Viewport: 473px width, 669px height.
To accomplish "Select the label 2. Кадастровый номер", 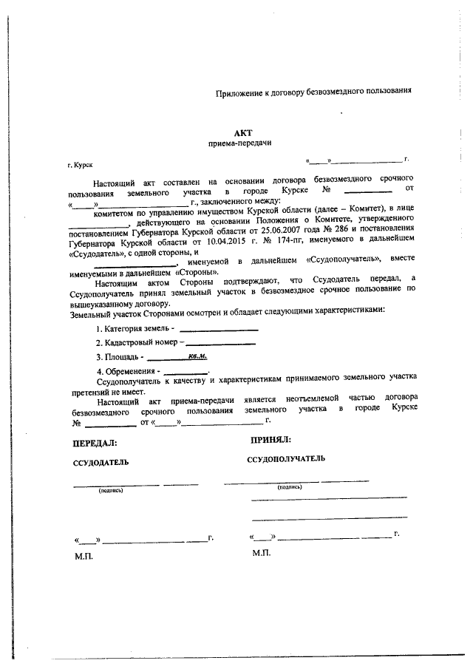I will pyautogui.click(x=139, y=343).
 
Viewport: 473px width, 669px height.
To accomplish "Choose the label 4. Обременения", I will pyautogui.click(x=129, y=371).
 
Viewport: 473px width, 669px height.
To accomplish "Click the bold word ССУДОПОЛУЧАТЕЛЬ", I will pyautogui.click(x=285, y=459).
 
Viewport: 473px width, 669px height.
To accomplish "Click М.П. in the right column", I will pyautogui.click(x=262, y=552).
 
